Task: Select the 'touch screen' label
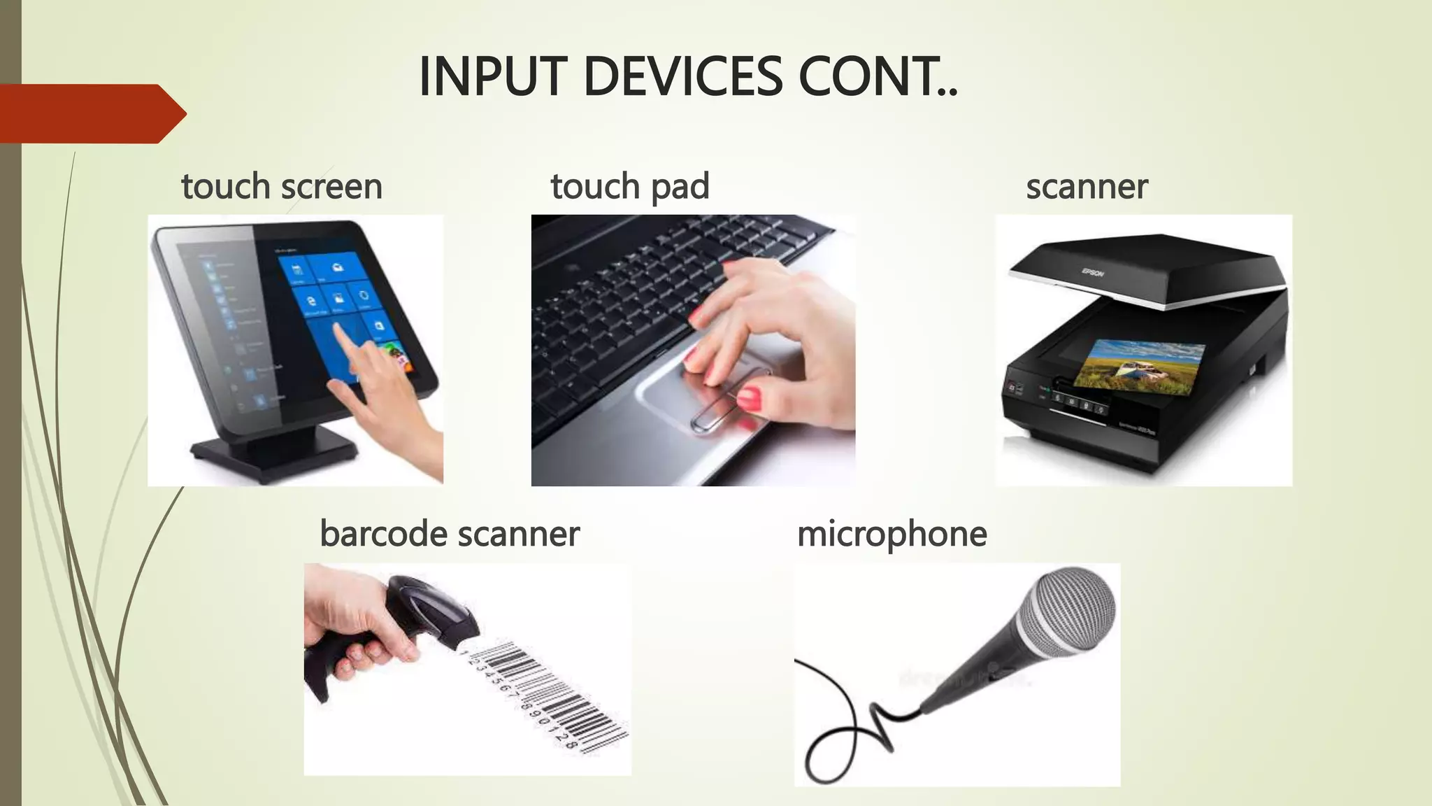click(282, 187)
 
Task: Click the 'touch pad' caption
click(630, 187)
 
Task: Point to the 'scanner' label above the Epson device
click(1087, 187)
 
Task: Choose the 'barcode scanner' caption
click(450, 534)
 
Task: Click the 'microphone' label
click(892, 534)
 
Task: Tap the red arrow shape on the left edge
click(91, 113)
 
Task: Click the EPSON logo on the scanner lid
click(1093, 271)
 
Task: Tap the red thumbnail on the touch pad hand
click(749, 400)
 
